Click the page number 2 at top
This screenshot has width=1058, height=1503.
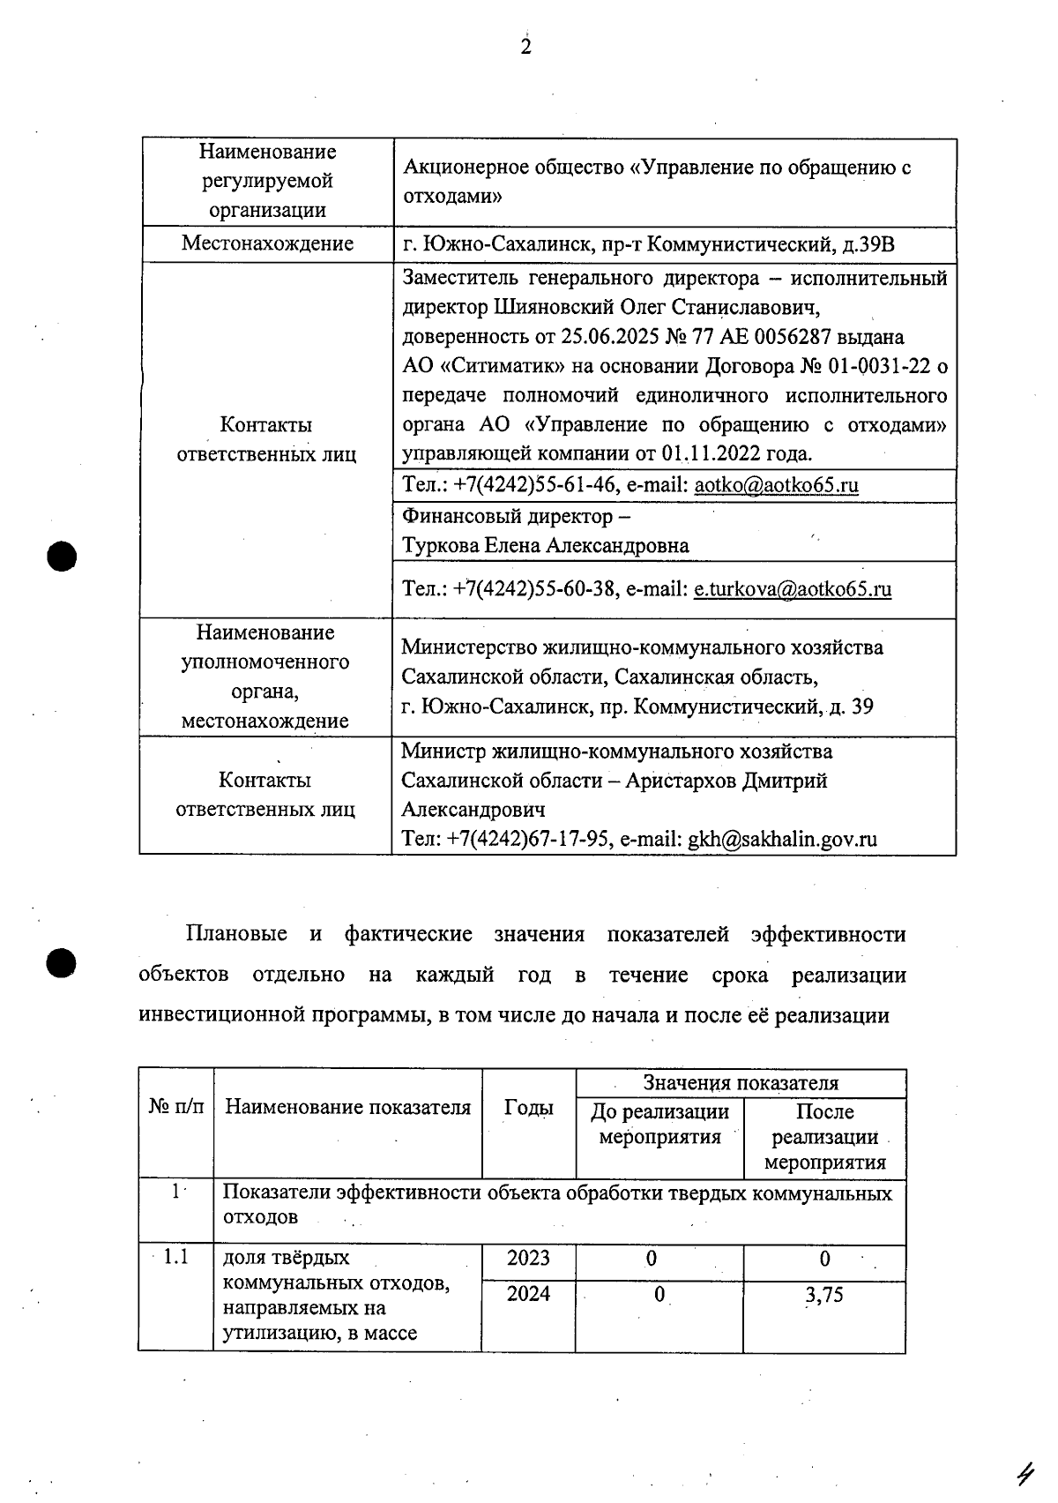click(x=525, y=48)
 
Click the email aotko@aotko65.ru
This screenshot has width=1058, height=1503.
click(x=776, y=485)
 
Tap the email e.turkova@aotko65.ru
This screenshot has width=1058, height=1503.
click(x=792, y=589)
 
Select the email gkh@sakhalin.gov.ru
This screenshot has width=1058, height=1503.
click(x=782, y=839)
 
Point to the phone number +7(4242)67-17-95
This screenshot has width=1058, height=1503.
click(x=530, y=839)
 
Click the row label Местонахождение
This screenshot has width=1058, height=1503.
click(x=267, y=243)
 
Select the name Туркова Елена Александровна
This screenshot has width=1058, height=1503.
click(x=545, y=546)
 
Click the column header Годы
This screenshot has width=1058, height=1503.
click(x=528, y=1108)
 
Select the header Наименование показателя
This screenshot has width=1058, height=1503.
click(x=347, y=1108)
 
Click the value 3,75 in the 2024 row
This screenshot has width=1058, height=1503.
click(x=823, y=1295)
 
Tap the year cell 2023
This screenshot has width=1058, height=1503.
click(x=528, y=1259)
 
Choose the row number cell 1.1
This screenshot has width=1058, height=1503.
click(x=175, y=1257)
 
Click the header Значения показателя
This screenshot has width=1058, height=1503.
click(x=741, y=1083)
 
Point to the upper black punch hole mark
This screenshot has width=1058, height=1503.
click(x=63, y=557)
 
